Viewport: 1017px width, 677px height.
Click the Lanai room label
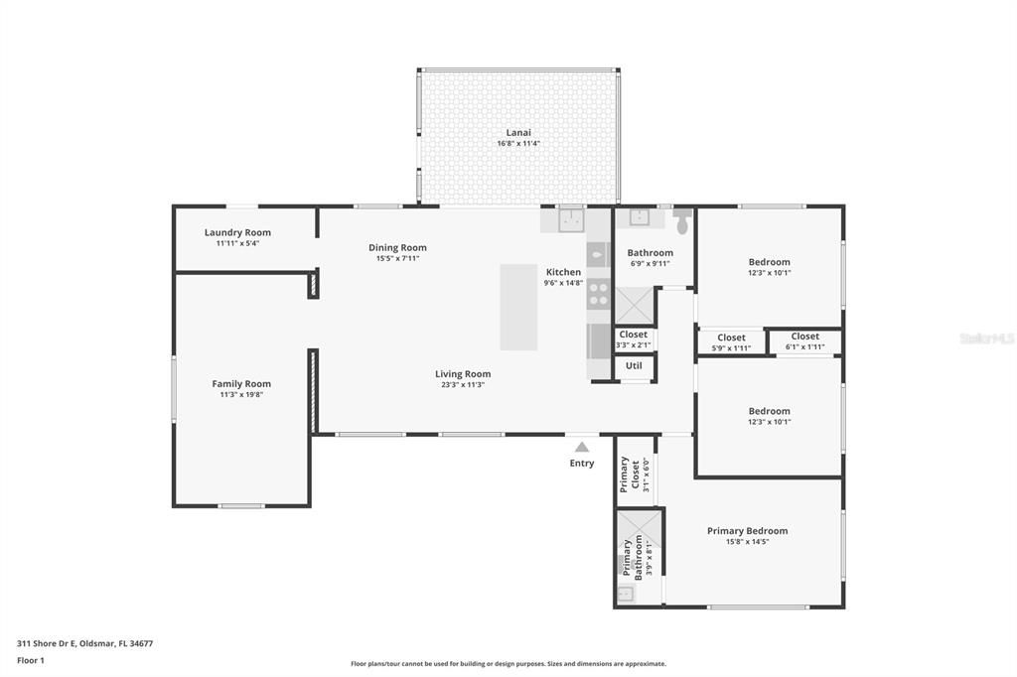coord(518,132)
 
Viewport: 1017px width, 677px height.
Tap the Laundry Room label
coord(237,232)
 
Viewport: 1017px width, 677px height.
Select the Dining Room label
coord(397,248)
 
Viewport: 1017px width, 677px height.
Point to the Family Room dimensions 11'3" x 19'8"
coord(241,395)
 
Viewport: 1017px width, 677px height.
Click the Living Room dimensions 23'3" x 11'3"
coord(463,385)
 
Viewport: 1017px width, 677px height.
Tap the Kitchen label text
coord(563,272)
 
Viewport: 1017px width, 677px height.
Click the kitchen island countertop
coord(518,307)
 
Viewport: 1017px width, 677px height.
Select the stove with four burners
coord(598,293)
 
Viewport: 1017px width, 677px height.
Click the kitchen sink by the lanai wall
coord(571,219)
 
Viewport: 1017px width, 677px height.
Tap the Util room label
coord(634,366)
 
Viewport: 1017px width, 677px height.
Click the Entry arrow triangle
coord(582,447)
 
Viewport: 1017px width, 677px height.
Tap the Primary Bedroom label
coord(747,531)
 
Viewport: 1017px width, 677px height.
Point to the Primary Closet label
coord(629,474)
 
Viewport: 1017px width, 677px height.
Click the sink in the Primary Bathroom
coord(625,594)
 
